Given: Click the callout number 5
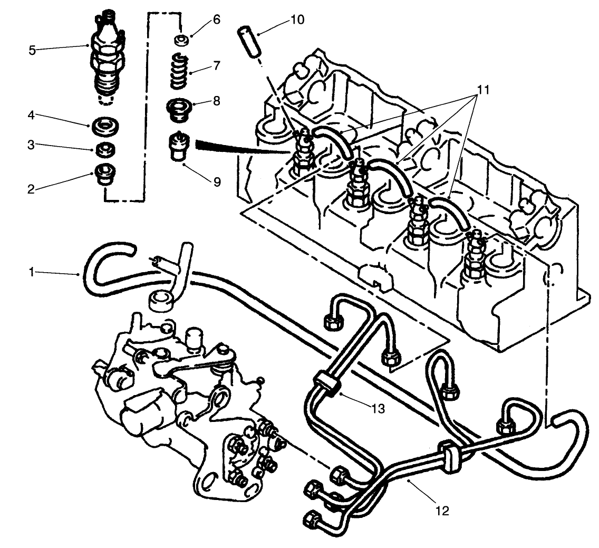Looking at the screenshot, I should point(33,51).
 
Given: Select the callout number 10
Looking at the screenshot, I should point(297,21).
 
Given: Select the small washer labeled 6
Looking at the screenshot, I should point(180,40).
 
